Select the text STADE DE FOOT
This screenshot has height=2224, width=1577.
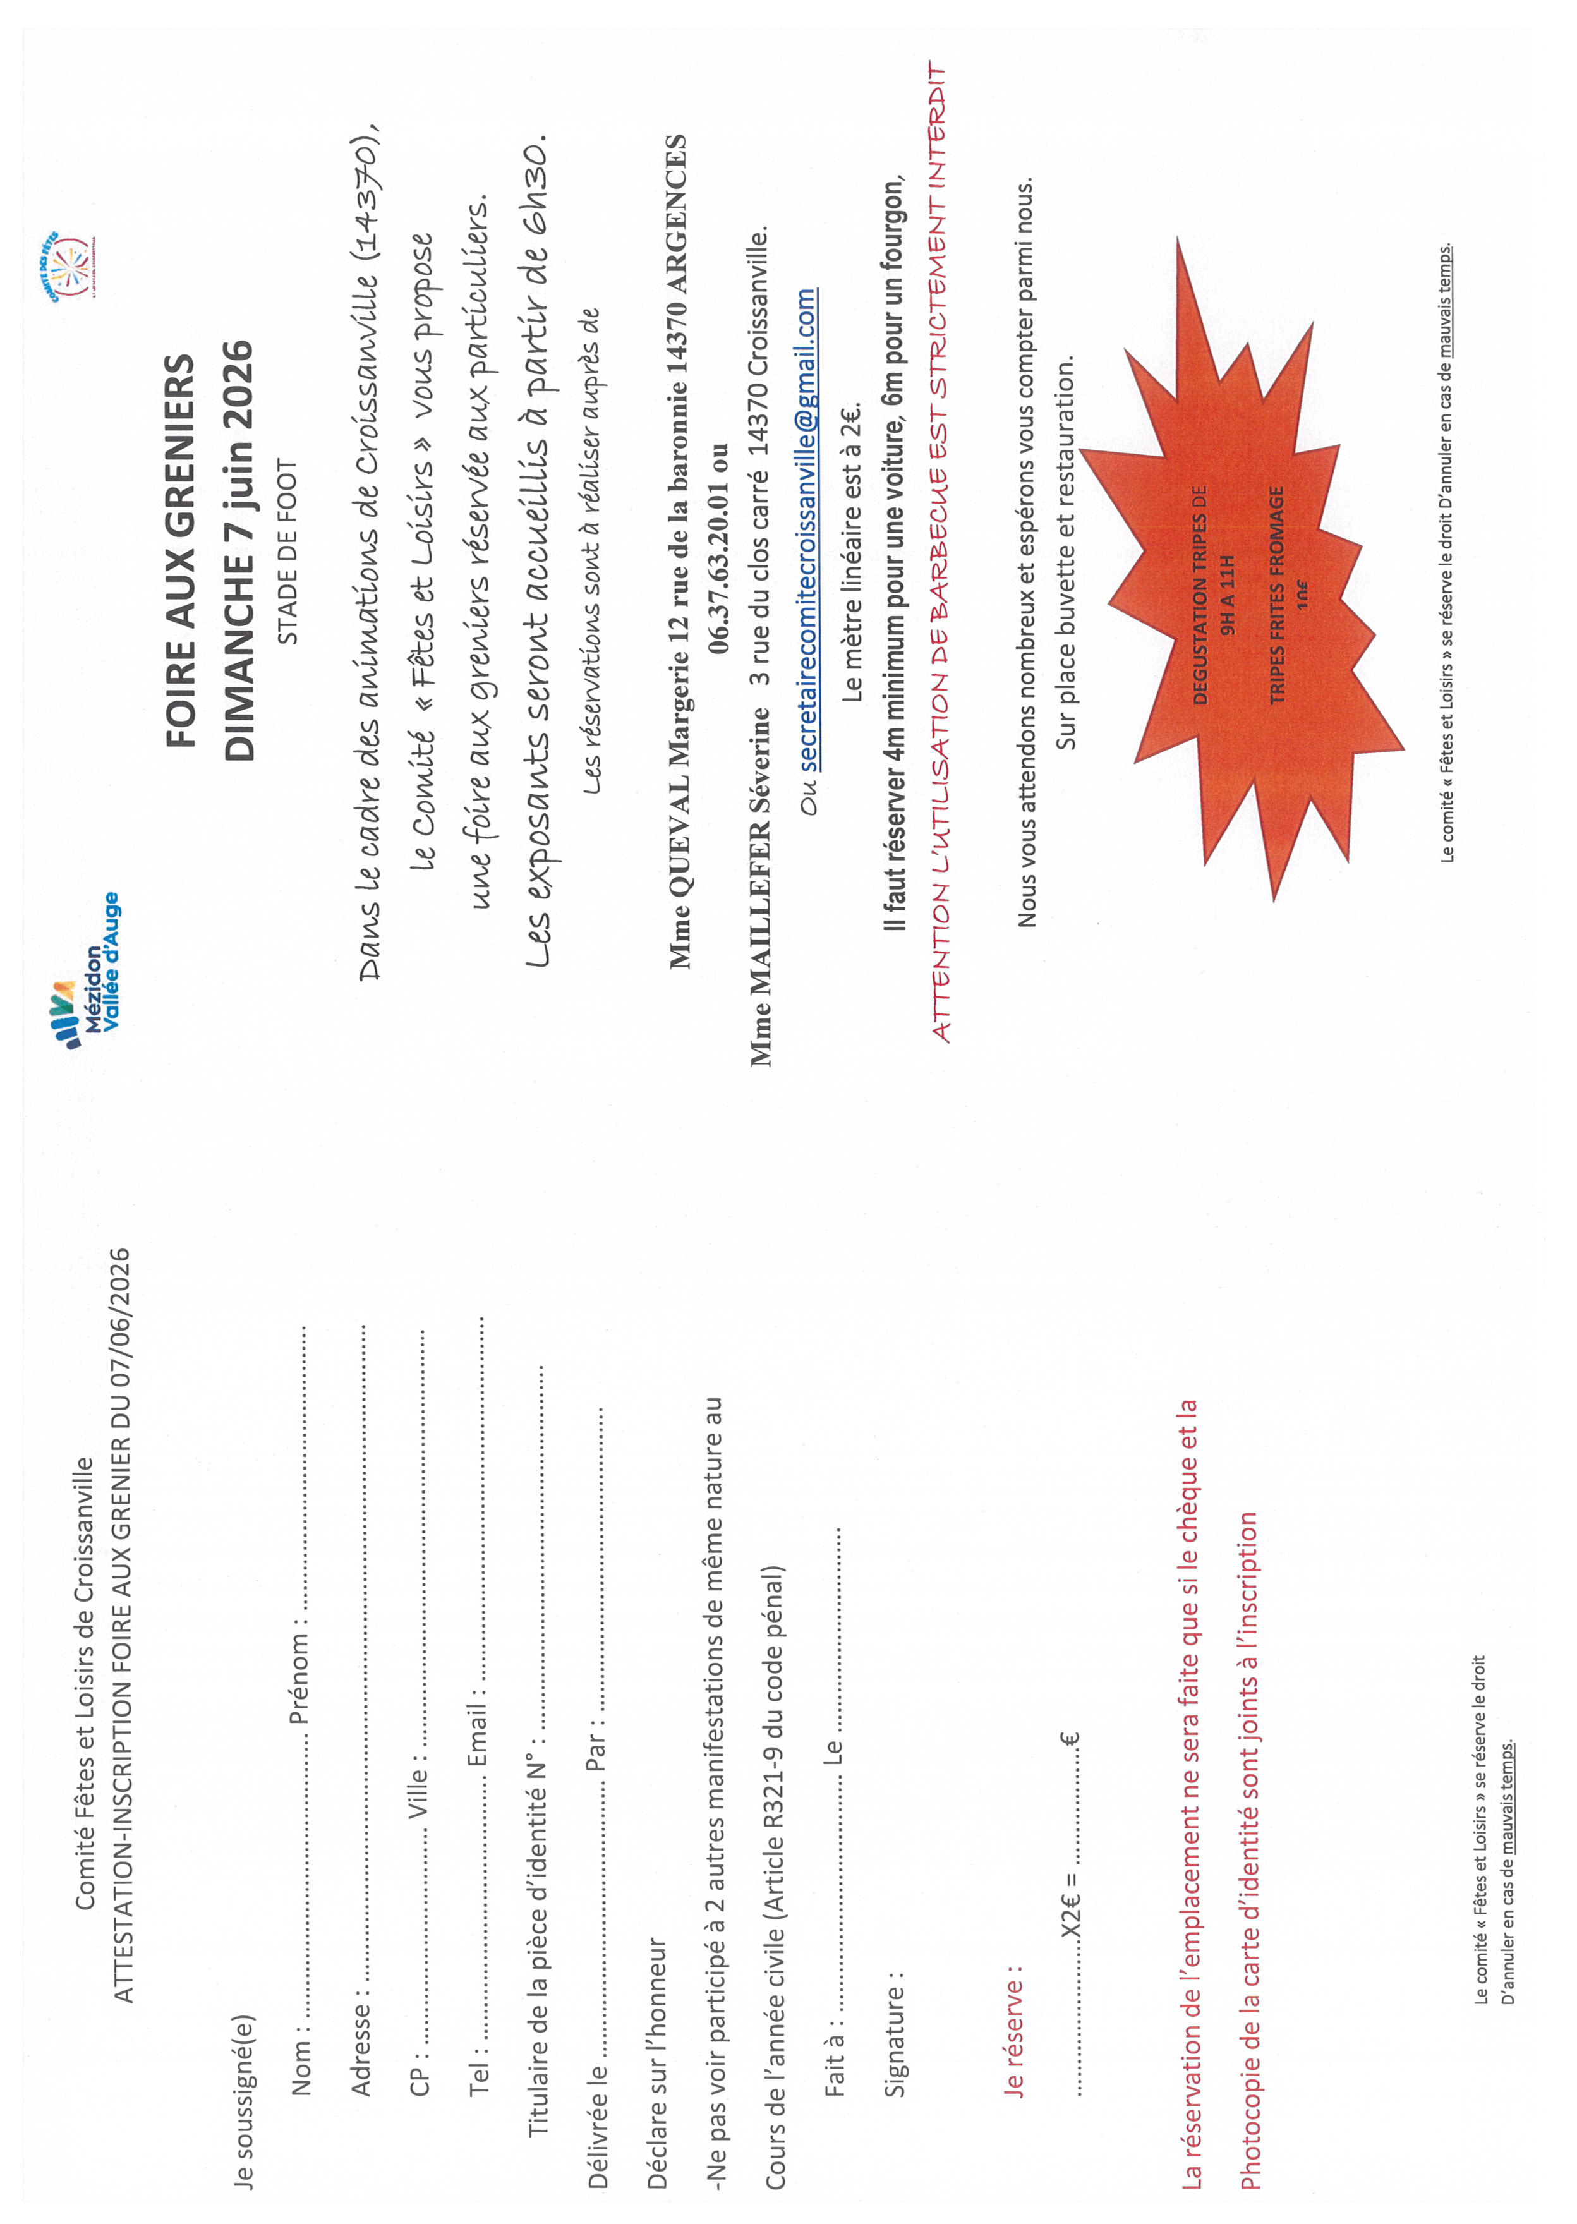tap(288, 552)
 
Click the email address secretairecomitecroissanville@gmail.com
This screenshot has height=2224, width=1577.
tap(807, 530)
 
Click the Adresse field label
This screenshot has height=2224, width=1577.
tap(360, 2049)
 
